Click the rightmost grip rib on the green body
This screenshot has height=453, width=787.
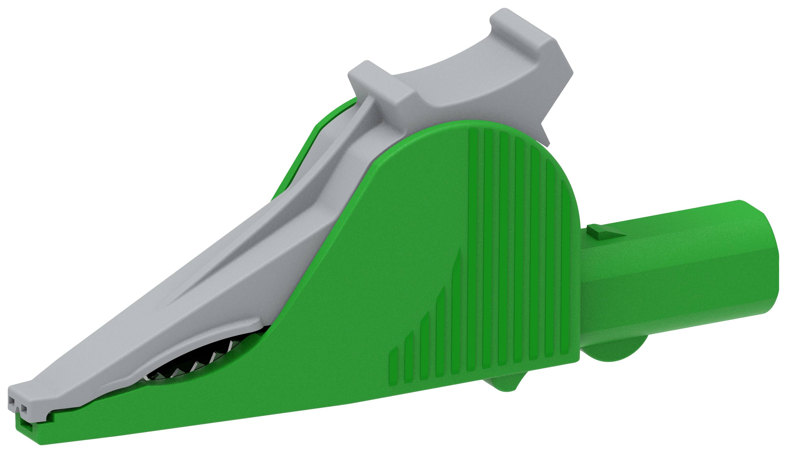pyautogui.click(x=565, y=264)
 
